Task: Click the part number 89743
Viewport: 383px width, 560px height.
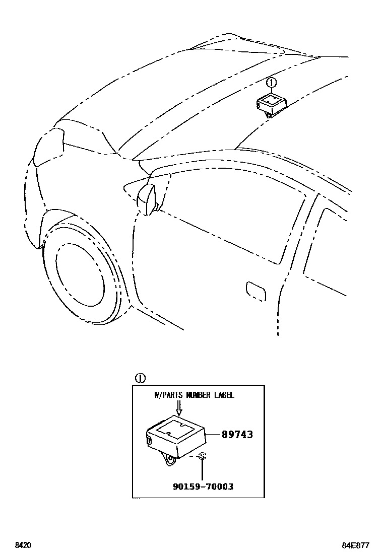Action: click(237, 434)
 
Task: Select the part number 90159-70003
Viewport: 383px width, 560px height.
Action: click(203, 487)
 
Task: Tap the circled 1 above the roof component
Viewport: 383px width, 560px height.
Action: click(271, 82)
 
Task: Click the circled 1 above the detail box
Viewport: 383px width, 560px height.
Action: click(140, 378)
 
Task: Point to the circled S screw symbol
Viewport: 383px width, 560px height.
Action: click(202, 456)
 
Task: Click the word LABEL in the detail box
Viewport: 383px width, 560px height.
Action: click(223, 395)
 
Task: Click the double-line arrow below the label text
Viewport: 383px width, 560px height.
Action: click(178, 408)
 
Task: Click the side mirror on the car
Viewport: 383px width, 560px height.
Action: click(147, 199)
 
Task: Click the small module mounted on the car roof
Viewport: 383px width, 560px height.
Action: click(271, 104)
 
